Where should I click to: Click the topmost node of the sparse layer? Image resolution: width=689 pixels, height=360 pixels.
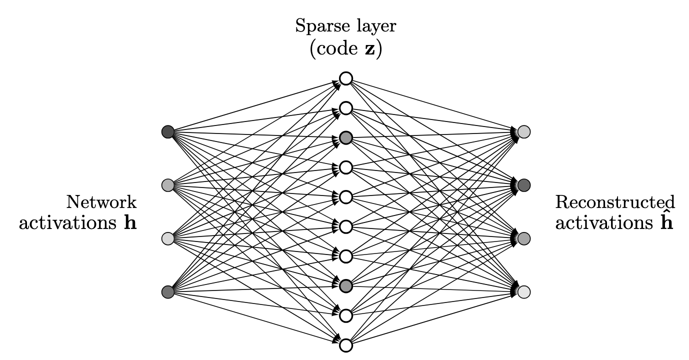coord(345,78)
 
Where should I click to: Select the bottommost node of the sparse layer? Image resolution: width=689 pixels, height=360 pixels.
coord(345,345)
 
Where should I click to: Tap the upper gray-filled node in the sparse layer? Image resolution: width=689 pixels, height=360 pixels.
coord(345,137)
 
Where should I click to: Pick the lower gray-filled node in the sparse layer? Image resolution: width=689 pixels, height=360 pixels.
coord(345,286)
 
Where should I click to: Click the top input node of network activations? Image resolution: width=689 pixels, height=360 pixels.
coord(168,132)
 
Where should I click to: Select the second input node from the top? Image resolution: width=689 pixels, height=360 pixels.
coord(168,185)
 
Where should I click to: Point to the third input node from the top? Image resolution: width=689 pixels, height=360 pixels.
coord(168,238)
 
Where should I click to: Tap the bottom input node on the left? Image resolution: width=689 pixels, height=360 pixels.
coord(168,291)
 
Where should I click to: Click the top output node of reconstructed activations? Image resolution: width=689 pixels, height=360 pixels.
coord(523,132)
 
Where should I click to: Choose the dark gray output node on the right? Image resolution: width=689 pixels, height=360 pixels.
coord(523,185)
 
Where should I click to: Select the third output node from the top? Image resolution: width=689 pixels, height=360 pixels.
coord(523,238)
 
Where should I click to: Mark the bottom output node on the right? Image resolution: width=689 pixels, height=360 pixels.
coord(523,291)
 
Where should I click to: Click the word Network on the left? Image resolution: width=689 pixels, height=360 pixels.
coord(101,202)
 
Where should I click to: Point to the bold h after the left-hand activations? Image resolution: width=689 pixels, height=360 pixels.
coord(130,223)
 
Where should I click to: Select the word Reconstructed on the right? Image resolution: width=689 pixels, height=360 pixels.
coord(615,202)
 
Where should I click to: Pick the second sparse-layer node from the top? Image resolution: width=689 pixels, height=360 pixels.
coord(345,108)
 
